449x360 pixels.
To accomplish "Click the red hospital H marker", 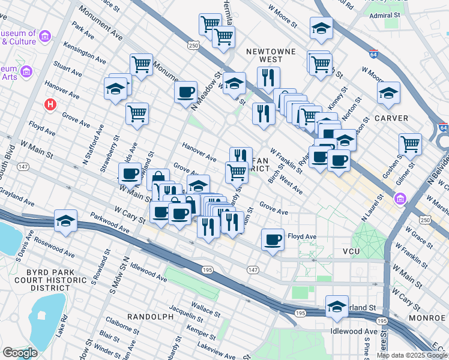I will click(x=51, y=104).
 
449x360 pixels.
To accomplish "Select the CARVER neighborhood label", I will click(x=391, y=118).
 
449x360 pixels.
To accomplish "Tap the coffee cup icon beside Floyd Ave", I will click(x=273, y=239).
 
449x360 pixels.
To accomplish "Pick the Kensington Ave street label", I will click(x=87, y=53).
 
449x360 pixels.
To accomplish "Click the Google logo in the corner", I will click(x=20, y=353).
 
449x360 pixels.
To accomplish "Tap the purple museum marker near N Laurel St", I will click(x=400, y=198).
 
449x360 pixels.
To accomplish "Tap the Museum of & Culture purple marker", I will click(x=45, y=37).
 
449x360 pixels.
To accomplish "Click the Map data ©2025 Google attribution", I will click(x=412, y=355).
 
